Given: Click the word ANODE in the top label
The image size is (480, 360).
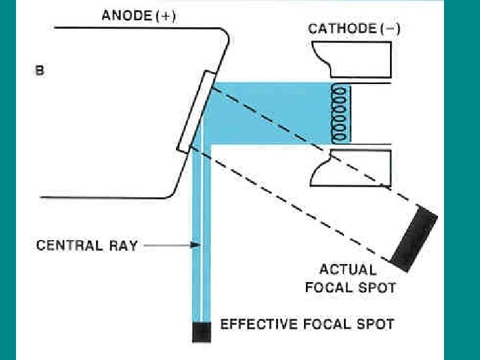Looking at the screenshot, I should pyautogui.click(x=125, y=17).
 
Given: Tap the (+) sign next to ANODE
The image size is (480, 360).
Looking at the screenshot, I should pyautogui.click(x=165, y=17).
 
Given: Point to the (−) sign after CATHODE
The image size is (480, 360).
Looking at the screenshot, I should pyautogui.click(x=388, y=29).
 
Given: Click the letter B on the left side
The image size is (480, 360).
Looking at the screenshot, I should pyautogui.click(x=39, y=69).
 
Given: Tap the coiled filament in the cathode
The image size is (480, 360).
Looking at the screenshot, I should pyautogui.click(x=341, y=113).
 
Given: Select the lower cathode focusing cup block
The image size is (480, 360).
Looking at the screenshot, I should pyautogui.click(x=351, y=169).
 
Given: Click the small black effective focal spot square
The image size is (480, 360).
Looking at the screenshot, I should pyautogui.click(x=201, y=331).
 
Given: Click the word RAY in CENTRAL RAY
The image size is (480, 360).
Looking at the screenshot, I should pyautogui.click(x=123, y=246).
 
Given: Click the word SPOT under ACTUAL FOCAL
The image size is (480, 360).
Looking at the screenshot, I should pyautogui.click(x=379, y=288).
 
